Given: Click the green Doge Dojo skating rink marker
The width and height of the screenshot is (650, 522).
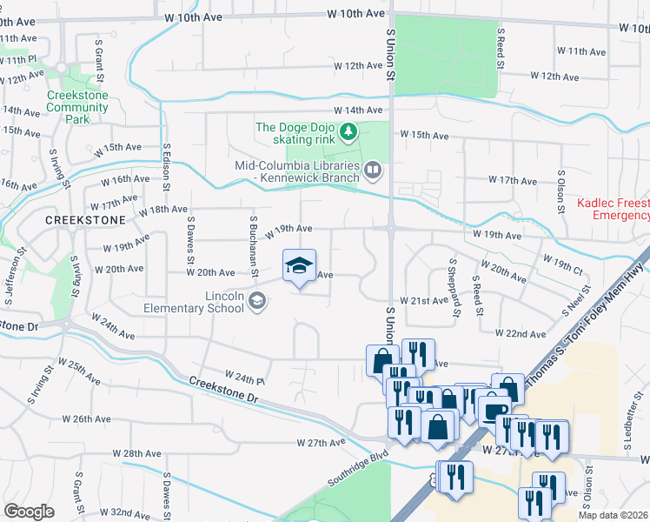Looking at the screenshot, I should coord(348,132).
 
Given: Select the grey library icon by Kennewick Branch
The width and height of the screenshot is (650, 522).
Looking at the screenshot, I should coord(373,170).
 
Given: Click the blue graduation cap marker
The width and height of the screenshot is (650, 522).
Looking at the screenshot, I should coord(299,265).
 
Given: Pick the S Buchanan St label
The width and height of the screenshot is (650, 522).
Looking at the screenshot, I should coord(253,246).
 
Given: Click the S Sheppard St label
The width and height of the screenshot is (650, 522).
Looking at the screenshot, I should coord(454,288).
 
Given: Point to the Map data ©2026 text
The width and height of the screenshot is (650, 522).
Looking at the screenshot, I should coord(613,515).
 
